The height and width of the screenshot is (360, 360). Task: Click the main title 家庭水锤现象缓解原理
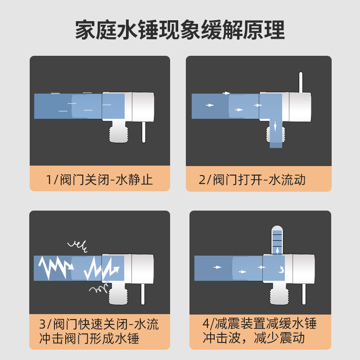[180, 30]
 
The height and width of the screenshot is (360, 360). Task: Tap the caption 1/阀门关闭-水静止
[99, 180]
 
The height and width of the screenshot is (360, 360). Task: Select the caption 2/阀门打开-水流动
[252, 180]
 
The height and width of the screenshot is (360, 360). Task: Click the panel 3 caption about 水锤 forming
[99, 331]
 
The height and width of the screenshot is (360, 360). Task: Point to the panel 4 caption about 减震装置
[260, 330]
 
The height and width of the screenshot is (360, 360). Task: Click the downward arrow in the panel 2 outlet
[275, 126]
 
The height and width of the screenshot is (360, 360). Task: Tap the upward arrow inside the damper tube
[277, 250]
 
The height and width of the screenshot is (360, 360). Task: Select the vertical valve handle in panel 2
[301, 82]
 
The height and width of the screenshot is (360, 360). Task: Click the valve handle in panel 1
[144, 132]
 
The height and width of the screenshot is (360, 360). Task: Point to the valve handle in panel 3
[143, 294]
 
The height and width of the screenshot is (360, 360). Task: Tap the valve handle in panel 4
[304, 294]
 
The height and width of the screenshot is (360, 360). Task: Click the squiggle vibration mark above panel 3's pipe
[77, 246]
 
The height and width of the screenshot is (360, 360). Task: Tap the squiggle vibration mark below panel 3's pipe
[99, 288]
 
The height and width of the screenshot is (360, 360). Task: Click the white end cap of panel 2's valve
[300, 107]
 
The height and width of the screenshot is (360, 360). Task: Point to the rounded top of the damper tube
[277, 228]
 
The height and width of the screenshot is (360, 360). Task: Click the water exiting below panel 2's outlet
[276, 145]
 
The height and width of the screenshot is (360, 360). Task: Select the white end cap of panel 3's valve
[142, 269]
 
